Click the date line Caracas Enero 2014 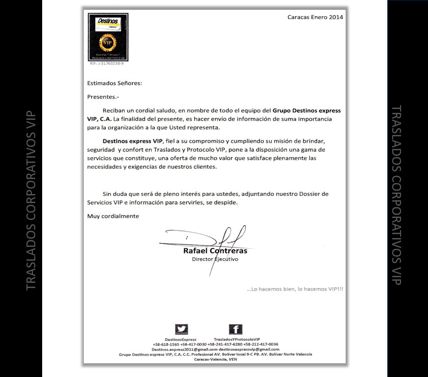[x=315, y=17]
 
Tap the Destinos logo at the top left [x=108, y=37]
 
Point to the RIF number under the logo [x=107, y=64]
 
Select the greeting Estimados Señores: [x=114, y=83]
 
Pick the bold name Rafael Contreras [x=215, y=250]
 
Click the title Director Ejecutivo [x=215, y=259]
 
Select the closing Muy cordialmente [x=113, y=216]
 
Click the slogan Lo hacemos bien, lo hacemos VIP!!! [x=295, y=289]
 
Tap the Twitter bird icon [x=181, y=329]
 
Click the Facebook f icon [x=236, y=329]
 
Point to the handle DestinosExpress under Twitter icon [x=180, y=339]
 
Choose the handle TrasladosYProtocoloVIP [x=237, y=339]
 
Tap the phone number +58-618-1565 [x=166, y=344]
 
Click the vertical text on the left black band [x=30, y=199]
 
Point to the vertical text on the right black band [x=397, y=195]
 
